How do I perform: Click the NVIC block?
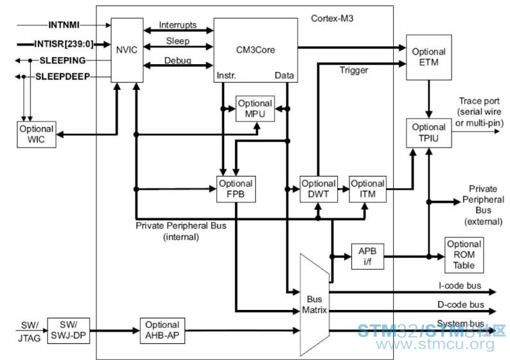click(127, 50)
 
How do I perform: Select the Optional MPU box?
click(255, 108)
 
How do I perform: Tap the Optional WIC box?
click(37, 135)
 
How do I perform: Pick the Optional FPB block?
click(236, 189)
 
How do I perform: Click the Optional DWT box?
click(319, 189)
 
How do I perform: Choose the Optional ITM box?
click(367, 189)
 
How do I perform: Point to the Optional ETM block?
click(428, 57)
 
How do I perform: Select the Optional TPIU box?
click(428, 133)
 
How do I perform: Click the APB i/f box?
click(367, 256)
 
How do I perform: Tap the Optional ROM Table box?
click(464, 255)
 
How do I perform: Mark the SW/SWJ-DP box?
click(69, 330)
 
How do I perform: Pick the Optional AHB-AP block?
click(163, 330)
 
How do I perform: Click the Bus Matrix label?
click(314, 304)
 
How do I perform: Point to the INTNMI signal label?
click(64, 24)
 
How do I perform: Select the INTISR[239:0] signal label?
click(64, 44)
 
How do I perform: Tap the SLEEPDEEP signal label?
click(62, 76)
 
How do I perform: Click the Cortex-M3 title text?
click(332, 18)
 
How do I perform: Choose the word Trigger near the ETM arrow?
click(354, 71)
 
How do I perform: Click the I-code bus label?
click(460, 286)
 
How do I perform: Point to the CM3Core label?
click(256, 49)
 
